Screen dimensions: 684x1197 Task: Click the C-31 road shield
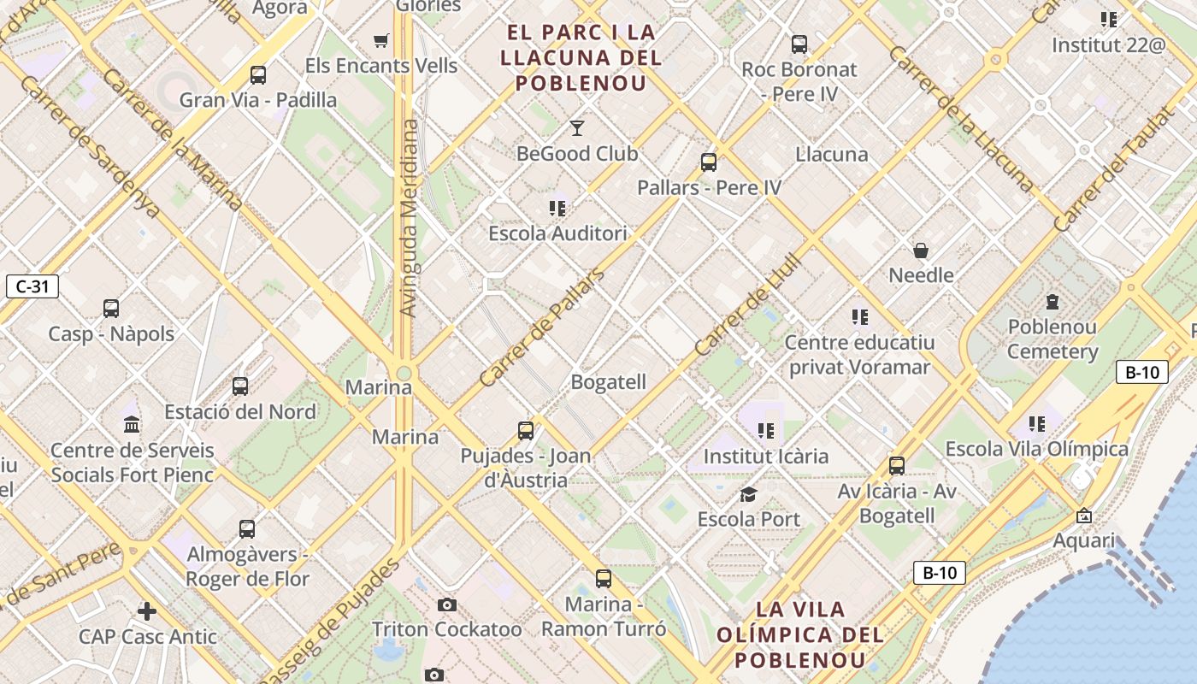pyautogui.click(x=32, y=286)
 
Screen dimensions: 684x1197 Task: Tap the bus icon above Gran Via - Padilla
pyautogui.click(x=258, y=74)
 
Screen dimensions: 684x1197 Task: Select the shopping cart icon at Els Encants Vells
pyautogui.click(x=381, y=40)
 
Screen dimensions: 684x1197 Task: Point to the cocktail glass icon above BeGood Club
pyautogui.click(x=577, y=128)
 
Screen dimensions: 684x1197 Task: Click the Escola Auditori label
pyautogui.click(x=557, y=233)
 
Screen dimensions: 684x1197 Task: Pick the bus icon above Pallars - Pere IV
pyautogui.click(x=708, y=162)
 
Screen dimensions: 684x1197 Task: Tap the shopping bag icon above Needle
pyautogui.click(x=921, y=251)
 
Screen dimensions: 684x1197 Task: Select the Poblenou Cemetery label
pyautogui.click(x=1053, y=339)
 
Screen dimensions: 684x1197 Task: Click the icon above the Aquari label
pyautogui.click(x=1084, y=516)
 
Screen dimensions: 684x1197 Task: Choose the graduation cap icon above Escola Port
pyautogui.click(x=748, y=494)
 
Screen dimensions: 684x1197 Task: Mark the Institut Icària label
pyautogui.click(x=765, y=457)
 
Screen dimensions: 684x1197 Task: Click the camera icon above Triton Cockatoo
pyautogui.click(x=446, y=605)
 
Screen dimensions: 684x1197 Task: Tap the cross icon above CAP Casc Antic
pyautogui.click(x=147, y=611)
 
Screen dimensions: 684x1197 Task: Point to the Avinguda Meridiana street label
pyautogui.click(x=410, y=218)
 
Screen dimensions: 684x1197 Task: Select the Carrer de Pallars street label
pyautogui.click(x=541, y=327)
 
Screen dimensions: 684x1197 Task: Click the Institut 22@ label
pyautogui.click(x=1108, y=45)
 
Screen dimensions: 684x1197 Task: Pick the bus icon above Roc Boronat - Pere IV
pyautogui.click(x=799, y=44)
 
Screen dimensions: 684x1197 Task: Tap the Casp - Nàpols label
pyautogui.click(x=111, y=334)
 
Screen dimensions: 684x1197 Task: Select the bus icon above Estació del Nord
pyautogui.click(x=240, y=386)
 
